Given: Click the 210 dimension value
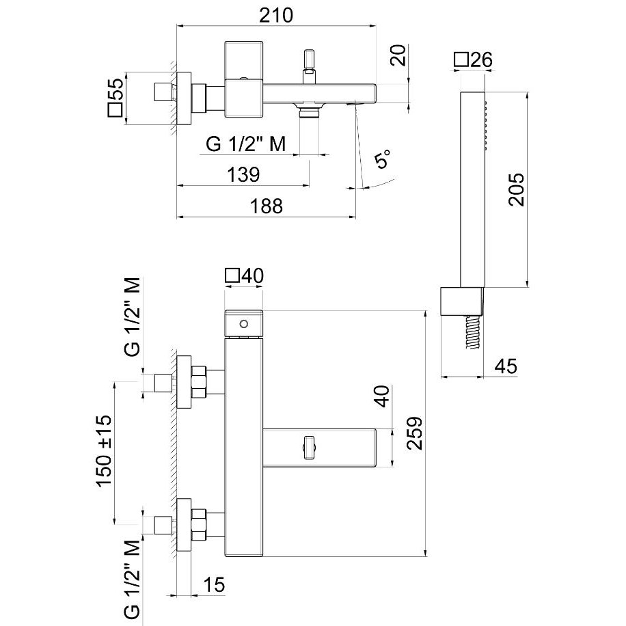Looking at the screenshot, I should [x=277, y=14].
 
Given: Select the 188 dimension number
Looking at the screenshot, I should [x=266, y=206].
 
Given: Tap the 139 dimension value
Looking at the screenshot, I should [x=244, y=174].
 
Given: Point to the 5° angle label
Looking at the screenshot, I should [x=384, y=161].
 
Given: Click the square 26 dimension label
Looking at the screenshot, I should [x=474, y=60].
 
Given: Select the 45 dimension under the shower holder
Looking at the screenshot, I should [x=505, y=366].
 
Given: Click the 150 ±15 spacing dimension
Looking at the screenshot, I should [x=105, y=451].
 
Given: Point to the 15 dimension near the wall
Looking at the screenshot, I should [x=215, y=585].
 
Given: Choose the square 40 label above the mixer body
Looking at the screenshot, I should [x=244, y=276].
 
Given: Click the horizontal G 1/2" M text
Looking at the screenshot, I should [x=245, y=144].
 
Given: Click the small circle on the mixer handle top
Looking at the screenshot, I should [x=243, y=323].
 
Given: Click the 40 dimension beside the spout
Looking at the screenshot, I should [x=383, y=396].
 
